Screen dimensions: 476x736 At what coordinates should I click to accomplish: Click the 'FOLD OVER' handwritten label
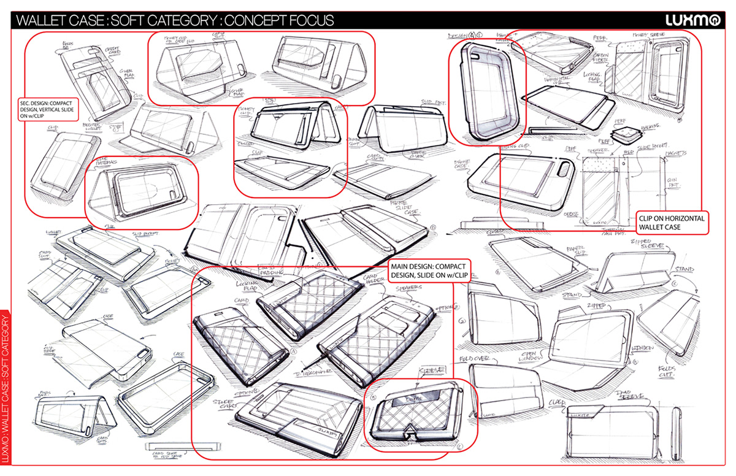(472, 359)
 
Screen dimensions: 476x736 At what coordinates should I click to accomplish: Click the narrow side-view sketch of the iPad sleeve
(678, 434)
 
